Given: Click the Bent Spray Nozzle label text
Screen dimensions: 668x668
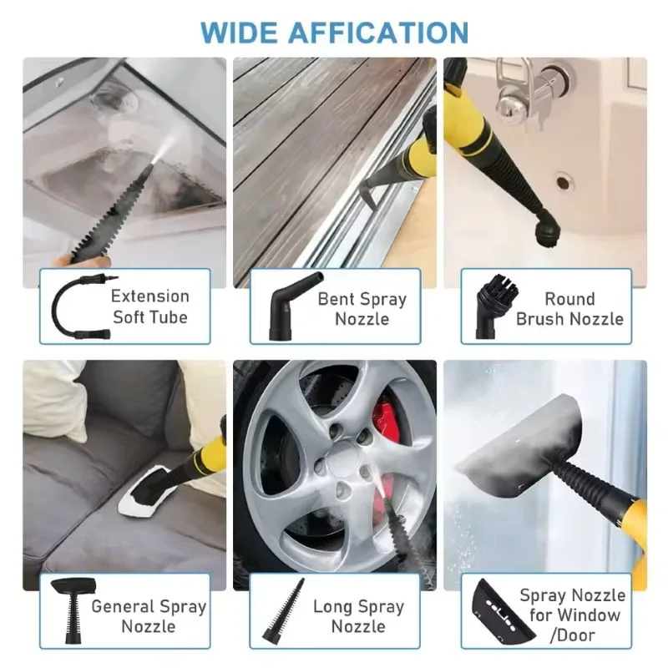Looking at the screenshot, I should [362, 309].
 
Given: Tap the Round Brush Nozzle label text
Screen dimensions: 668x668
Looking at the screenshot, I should [569, 309].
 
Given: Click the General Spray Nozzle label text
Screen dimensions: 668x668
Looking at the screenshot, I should [149, 616].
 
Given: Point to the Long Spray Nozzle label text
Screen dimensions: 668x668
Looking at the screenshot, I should [358, 616].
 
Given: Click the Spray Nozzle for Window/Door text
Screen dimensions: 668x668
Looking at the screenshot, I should [572, 615].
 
